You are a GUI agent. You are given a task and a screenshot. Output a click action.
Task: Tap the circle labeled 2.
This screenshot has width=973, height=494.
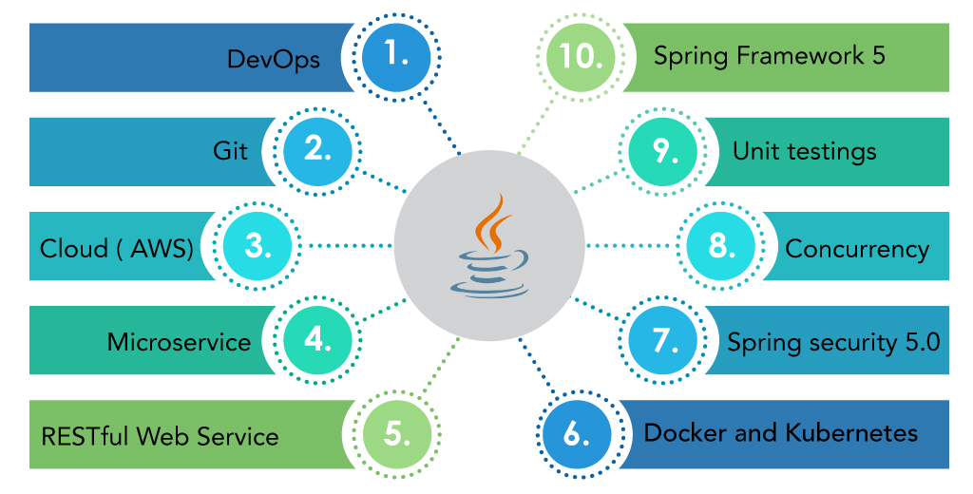point(316,151)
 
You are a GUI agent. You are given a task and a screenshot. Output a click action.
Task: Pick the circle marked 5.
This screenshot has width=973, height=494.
point(397,433)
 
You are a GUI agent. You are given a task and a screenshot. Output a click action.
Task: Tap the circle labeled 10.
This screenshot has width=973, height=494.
point(578,57)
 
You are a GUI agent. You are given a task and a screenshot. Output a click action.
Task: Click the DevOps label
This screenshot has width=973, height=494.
point(273,59)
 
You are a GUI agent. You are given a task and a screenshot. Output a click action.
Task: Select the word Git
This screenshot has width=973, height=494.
point(230,151)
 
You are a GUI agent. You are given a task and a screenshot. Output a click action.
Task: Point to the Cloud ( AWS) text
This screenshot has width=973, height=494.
point(117,248)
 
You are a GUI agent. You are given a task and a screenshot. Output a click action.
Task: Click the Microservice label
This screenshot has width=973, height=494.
point(179,341)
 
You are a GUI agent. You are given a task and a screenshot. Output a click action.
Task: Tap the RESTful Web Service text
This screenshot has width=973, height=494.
point(160,436)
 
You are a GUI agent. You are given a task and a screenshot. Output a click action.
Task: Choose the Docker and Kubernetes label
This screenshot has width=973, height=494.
point(780,433)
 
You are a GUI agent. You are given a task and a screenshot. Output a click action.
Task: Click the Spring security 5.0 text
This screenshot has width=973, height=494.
point(833,341)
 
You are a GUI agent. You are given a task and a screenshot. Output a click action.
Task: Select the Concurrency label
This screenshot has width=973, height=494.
point(856,248)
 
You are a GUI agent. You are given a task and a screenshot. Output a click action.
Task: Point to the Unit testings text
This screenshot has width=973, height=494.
point(804,151)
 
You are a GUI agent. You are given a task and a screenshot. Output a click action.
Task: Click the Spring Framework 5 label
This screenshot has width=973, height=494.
point(769,55)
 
